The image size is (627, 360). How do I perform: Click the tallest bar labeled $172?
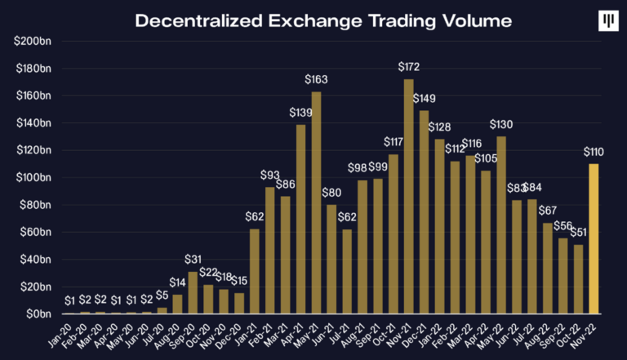409,196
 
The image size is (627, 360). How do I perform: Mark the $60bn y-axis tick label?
32,232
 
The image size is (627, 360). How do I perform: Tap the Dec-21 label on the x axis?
418,331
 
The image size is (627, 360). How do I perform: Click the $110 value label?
594,152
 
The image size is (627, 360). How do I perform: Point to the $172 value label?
409,66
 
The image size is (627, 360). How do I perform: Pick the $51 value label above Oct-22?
577,233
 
